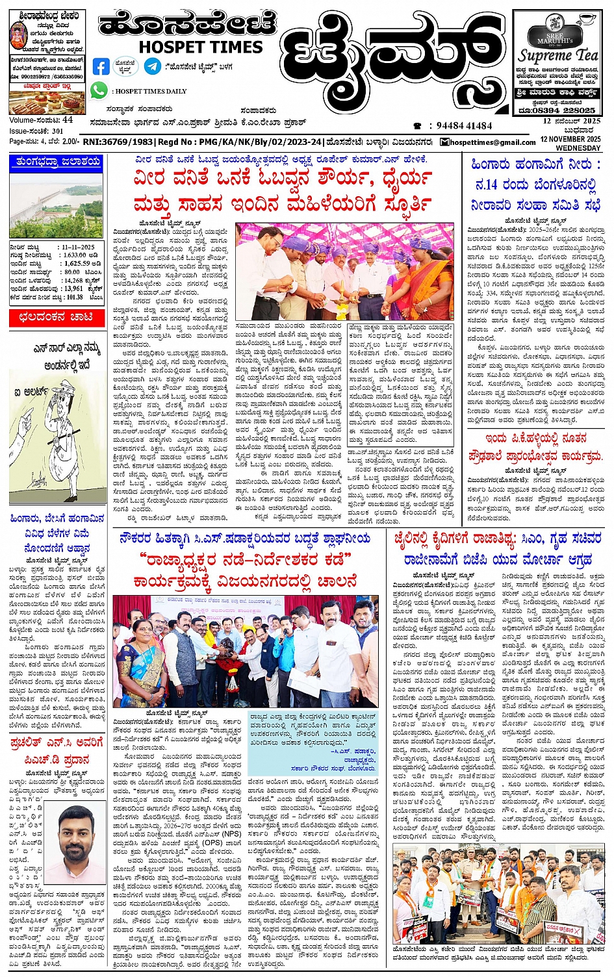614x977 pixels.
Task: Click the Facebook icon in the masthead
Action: tap(101, 66)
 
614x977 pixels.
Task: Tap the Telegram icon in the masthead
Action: tap(152, 66)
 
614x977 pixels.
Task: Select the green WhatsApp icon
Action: tap(99, 91)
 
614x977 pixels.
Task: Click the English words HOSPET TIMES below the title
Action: tap(201, 47)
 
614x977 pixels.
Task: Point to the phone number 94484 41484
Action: tap(464, 126)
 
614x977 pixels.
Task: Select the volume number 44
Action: tap(68, 120)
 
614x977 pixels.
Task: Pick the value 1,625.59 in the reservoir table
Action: tap(77, 264)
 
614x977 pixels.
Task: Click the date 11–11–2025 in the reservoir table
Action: tap(78, 247)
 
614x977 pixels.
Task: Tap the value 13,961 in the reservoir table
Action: tap(73, 288)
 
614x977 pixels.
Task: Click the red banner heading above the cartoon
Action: tap(56, 318)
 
